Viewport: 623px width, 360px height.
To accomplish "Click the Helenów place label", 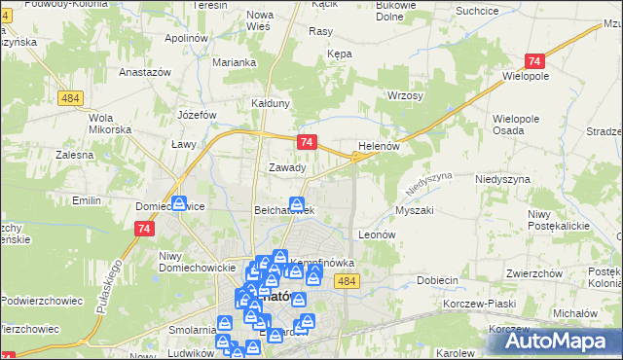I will [380, 145].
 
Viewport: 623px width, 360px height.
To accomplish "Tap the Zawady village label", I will [287, 167].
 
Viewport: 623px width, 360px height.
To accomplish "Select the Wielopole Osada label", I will [522, 123].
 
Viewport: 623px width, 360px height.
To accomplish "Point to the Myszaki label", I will [415, 210].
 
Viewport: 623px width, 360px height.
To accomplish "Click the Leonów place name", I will [376, 234].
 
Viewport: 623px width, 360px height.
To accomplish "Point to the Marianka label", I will [235, 62].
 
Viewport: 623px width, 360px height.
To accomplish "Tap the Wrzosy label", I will [405, 95].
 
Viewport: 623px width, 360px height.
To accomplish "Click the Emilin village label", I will [88, 200].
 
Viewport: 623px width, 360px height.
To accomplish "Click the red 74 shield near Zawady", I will [307, 142].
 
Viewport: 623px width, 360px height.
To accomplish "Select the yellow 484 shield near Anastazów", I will [69, 99].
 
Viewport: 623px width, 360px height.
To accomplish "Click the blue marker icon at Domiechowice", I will [180, 203].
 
